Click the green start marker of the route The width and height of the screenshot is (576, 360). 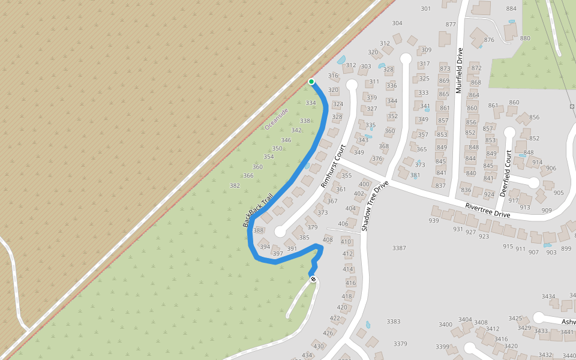pos(311,82)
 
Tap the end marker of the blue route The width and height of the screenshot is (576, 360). pos(313,279)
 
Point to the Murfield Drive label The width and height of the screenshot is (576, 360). pos(460,71)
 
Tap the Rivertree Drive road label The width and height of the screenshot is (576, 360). pos(487,210)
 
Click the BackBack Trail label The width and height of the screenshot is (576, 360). pos(258,209)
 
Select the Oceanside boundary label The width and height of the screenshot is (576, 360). pos(277,119)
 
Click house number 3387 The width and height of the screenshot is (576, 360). pos(399,248)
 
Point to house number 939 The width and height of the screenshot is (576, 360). pos(434,221)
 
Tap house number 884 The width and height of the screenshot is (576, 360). pos(511,8)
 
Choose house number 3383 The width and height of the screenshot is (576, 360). pos(393,322)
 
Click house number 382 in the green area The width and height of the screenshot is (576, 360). pos(235,186)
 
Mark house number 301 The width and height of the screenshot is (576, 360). pos(426,8)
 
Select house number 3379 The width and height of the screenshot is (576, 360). pos(400,344)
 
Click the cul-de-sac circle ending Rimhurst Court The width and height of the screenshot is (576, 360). pos(280,231)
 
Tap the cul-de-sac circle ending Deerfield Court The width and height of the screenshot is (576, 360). pos(509,131)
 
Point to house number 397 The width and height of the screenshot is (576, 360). pos(278,254)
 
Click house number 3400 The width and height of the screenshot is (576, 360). pos(445,325)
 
